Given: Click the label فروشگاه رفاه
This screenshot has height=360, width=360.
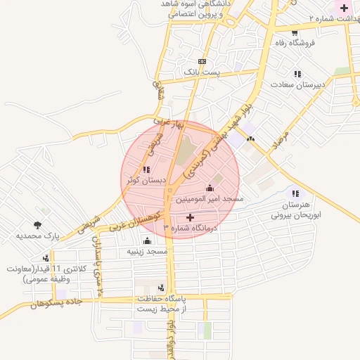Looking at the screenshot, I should [x=295, y=42].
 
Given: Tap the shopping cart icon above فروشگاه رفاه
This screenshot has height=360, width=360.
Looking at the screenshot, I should [x=295, y=32].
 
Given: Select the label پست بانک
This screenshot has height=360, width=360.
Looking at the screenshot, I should [x=202, y=72].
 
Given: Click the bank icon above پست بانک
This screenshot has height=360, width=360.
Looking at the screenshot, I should [x=202, y=62].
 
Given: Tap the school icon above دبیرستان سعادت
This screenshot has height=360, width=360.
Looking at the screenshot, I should [x=297, y=74].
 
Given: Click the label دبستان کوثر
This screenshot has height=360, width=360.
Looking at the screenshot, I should [x=146, y=180].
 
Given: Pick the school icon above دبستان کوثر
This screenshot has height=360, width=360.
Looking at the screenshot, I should [x=146, y=169].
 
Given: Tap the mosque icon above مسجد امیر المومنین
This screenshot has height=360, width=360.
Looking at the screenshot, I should [x=210, y=188].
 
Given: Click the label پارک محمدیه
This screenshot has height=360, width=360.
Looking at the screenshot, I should [x=37, y=236].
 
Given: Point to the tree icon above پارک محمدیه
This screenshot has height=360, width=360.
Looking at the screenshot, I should [x=37, y=226].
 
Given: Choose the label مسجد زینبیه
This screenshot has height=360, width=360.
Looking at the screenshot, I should [x=147, y=251].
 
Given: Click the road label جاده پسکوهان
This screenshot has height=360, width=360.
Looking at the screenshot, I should [x=56, y=303].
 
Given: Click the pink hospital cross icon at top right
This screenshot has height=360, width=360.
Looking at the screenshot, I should [x=343, y=9].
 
